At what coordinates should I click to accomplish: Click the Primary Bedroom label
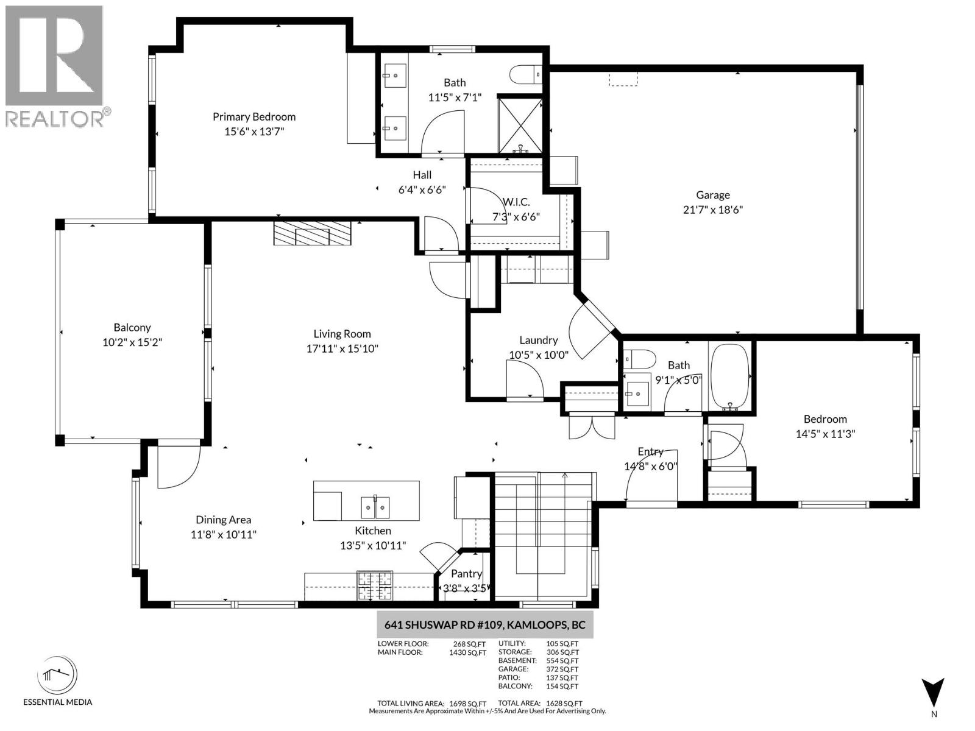(x=254, y=116)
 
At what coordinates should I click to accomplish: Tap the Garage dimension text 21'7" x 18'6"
(x=712, y=210)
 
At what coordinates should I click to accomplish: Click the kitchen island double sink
(x=375, y=507)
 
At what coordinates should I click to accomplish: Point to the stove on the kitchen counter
(x=375, y=586)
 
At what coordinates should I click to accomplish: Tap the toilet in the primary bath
(x=525, y=74)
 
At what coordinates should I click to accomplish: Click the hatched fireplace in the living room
(x=312, y=233)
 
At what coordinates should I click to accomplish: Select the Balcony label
(x=132, y=328)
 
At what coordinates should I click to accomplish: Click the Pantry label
(x=466, y=574)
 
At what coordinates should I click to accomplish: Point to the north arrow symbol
(x=933, y=694)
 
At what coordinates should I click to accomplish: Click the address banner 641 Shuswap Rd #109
(x=484, y=625)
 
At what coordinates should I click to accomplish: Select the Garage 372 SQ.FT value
(x=562, y=669)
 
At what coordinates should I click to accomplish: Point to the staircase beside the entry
(x=542, y=530)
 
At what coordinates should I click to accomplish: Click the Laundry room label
(x=538, y=340)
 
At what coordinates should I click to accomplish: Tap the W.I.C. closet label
(x=516, y=202)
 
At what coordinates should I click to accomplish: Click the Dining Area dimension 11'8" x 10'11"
(x=223, y=535)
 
